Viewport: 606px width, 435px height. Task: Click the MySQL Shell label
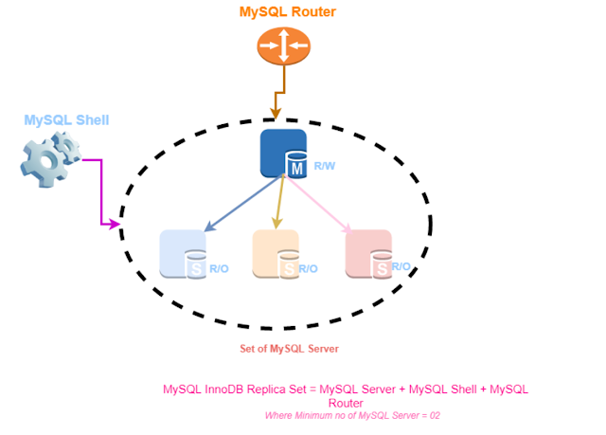(x=66, y=120)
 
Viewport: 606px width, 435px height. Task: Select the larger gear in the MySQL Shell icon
(x=42, y=162)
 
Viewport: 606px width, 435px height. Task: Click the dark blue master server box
(x=278, y=152)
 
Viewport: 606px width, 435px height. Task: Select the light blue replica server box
(x=180, y=251)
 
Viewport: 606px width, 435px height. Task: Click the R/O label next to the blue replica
(x=219, y=269)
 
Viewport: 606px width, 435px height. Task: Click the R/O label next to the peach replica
(x=309, y=268)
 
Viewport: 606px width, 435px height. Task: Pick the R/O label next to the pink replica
(x=401, y=267)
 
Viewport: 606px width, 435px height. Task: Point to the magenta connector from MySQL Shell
(x=100, y=190)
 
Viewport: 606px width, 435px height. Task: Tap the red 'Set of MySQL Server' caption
(x=288, y=349)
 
